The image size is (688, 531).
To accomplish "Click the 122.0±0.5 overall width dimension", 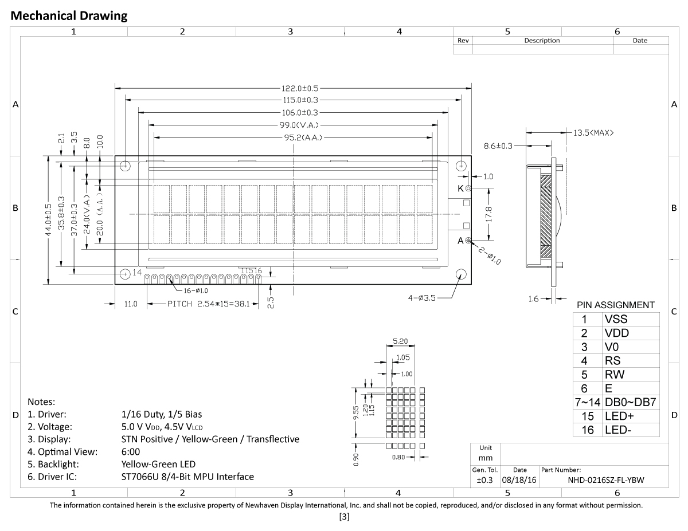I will pos(299,88).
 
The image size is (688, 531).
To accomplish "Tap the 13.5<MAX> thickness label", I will pos(593,133).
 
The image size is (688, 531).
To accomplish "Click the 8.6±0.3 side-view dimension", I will pos(498,146).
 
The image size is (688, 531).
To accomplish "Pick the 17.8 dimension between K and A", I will pos(488,214).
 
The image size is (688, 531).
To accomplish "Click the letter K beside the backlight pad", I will pos(460,188).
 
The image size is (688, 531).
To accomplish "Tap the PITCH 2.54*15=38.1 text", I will pos(208,304).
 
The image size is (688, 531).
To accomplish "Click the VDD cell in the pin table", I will pos(616,333).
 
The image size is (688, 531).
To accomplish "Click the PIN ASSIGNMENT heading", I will pos(615,305).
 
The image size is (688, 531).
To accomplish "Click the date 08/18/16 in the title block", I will pos(519,481).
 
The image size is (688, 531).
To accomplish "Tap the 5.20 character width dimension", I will pos(400,341).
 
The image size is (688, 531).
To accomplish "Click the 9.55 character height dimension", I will pos(357,413).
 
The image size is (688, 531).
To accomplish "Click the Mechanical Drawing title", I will pos(69,16).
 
